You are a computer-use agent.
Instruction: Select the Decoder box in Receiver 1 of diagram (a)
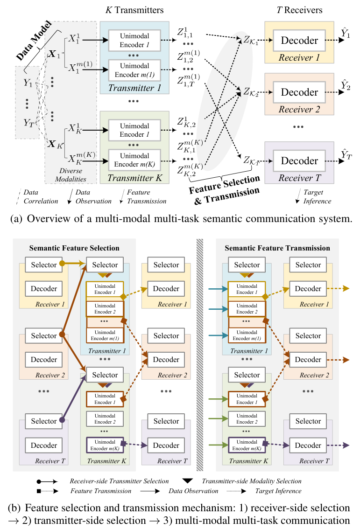299,41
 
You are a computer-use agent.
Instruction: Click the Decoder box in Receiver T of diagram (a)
299,161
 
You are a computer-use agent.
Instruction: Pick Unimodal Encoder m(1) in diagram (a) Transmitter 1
134,70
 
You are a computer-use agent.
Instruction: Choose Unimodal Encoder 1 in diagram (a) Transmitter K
134,130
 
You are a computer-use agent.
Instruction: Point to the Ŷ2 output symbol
346,86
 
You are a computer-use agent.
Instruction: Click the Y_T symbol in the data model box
28,123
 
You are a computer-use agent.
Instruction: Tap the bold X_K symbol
56,143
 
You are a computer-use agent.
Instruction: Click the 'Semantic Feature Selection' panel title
75,248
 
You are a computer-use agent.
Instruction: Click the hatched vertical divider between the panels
200,355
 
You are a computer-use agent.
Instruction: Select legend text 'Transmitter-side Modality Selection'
252,481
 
